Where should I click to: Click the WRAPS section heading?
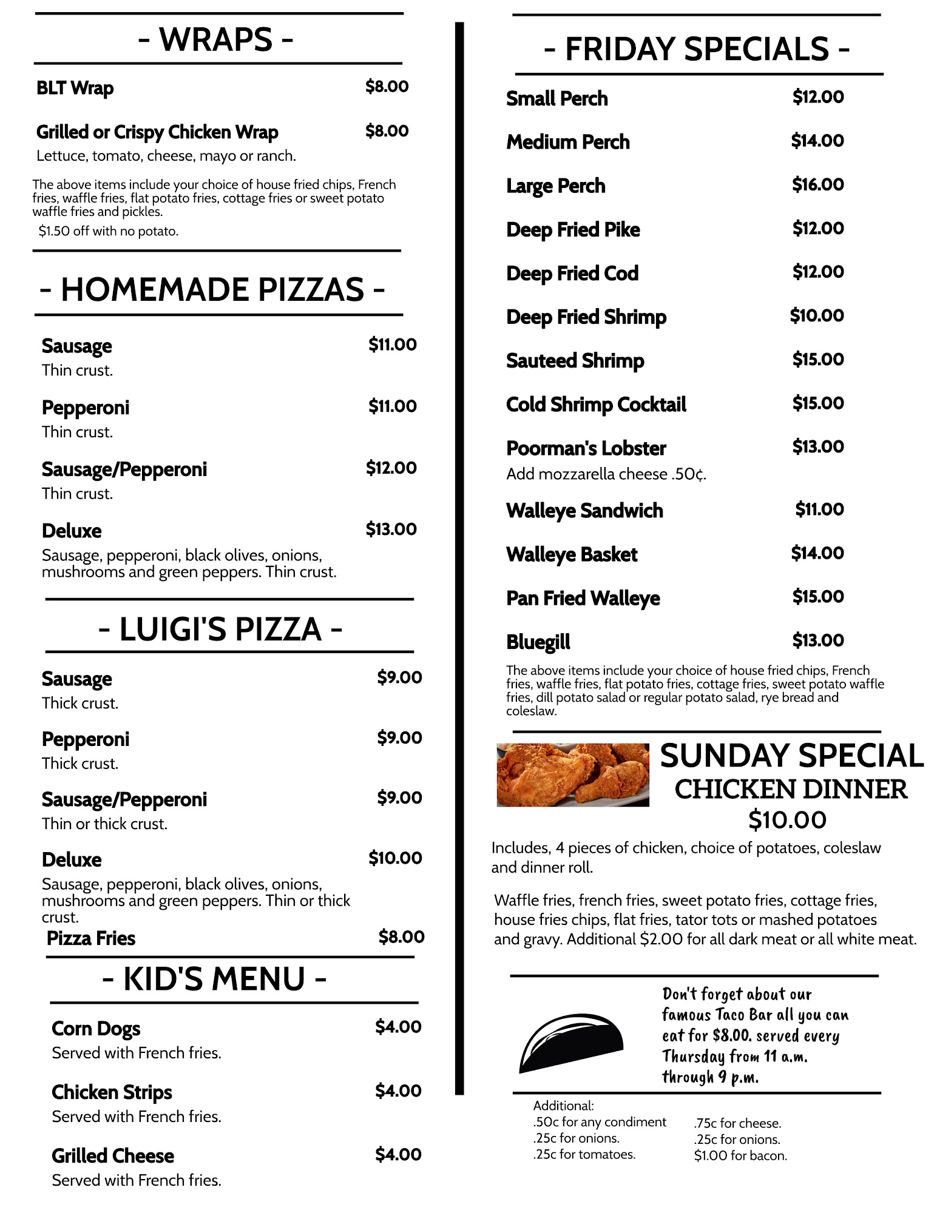[x=216, y=40]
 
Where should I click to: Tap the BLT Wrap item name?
[x=75, y=89]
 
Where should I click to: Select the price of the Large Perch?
[x=817, y=184]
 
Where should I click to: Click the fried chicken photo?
[x=572, y=775]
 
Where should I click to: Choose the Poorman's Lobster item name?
[x=586, y=449]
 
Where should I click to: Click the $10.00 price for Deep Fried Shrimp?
[x=816, y=315]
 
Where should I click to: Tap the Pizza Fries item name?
[x=91, y=938]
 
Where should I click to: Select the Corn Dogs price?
[x=398, y=1027]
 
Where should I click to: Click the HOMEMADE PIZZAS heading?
[x=212, y=289]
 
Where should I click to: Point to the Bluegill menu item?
[x=538, y=642]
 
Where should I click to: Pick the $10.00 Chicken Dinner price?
[x=787, y=820]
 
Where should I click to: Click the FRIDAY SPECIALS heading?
[x=697, y=49]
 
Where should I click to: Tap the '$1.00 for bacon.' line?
[x=740, y=1156]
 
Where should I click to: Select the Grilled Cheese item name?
[x=113, y=1156]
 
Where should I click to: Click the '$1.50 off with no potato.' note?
[x=109, y=231]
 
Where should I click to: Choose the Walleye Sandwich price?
[x=819, y=509]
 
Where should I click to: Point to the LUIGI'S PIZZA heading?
[x=220, y=629]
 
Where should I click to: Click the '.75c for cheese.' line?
[x=737, y=1123]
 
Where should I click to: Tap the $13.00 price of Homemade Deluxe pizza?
[x=391, y=529]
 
